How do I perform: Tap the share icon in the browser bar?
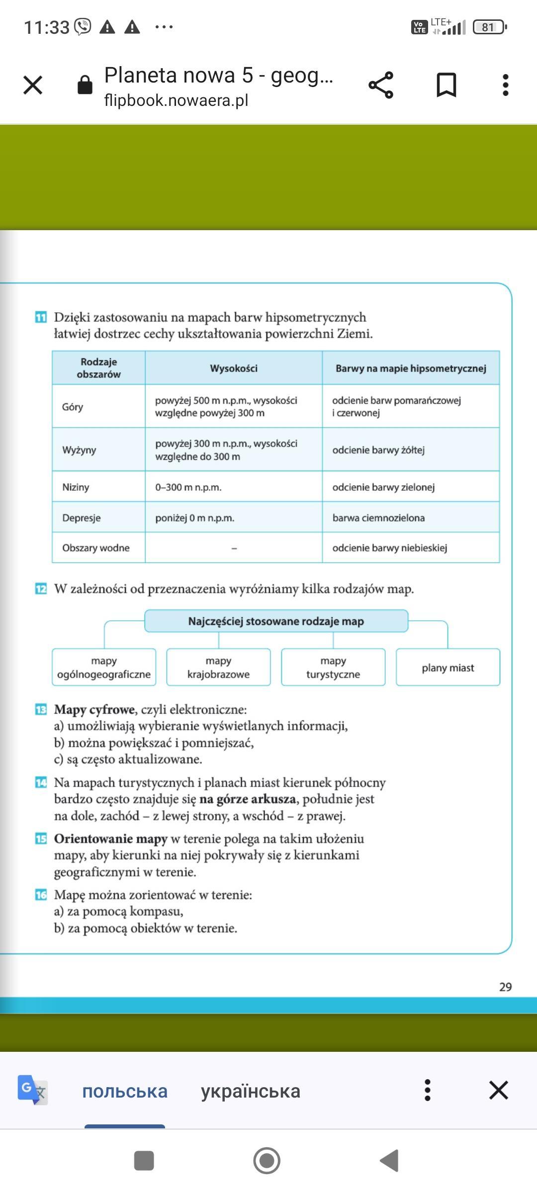tap(381, 85)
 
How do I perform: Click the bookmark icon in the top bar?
tap(446, 85)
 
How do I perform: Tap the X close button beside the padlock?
tap(33, 85)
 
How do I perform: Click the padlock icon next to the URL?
tap(85, 85)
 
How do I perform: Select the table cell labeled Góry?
tap(73, 407)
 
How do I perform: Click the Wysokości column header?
tap(234, 368)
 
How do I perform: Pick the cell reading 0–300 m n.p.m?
tap(188, 487)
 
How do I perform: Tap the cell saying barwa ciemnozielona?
tap(378, 518)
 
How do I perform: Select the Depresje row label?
tap(82, 518)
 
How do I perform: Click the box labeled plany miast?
tap(447, 668)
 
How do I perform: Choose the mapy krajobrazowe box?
tap(218, 668)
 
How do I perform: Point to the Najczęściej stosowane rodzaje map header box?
tap(276, 621)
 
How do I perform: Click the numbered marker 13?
tap(41, 709)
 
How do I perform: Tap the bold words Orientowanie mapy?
tap(110, 839)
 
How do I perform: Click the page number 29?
tap(505, 987)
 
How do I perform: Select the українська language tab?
tap(251, 1091)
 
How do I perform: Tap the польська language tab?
tap(125, 1091)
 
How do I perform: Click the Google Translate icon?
tap(32, 1090)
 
